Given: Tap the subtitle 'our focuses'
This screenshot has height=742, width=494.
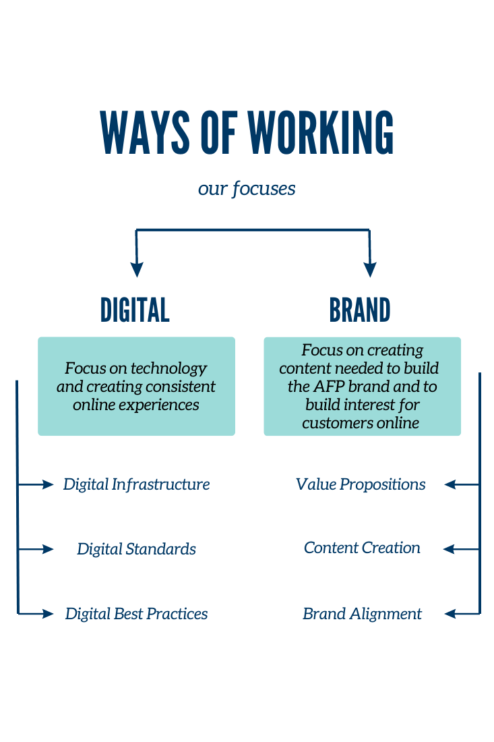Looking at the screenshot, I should click(247, 188).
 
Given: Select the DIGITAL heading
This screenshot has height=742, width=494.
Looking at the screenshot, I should click(135, 310).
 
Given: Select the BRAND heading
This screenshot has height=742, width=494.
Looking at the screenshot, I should click(360, 310).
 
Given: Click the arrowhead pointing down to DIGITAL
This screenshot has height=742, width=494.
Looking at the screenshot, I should click(137, 270).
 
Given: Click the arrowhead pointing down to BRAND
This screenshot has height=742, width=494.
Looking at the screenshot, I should click(369, 270).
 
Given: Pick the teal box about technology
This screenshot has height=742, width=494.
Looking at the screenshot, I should click(136, 387).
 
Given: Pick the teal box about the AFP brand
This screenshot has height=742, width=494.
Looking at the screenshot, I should click(362, 387).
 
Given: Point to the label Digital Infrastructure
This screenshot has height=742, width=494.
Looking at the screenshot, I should click(136, 484).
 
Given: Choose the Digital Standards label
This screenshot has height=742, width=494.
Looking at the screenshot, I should click(136, 549).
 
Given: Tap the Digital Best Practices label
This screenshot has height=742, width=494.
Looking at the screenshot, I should click(136, 614).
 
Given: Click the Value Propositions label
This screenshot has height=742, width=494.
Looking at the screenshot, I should click(361, 484).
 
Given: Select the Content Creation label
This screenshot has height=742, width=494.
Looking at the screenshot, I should click(362, 548).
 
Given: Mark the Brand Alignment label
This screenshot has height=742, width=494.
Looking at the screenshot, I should click(362, 614).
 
